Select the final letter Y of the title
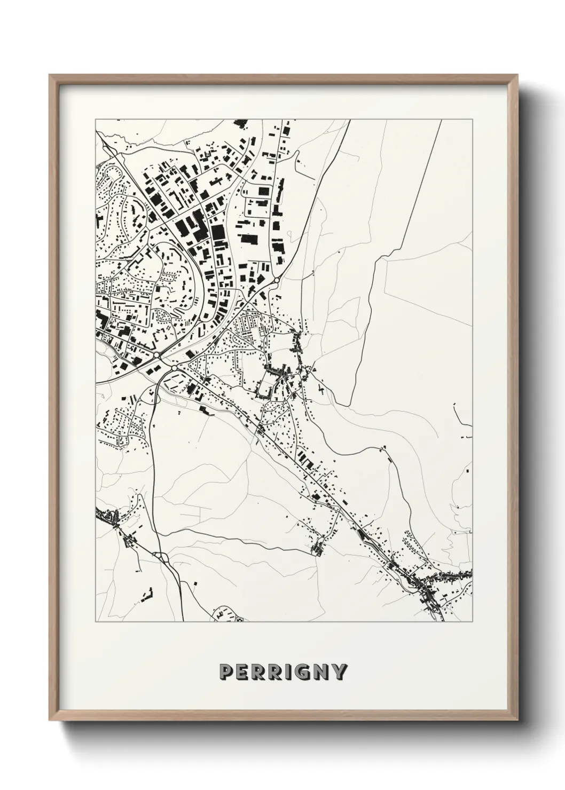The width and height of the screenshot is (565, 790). [x=340, y=671]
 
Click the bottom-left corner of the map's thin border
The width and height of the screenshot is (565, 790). [x=96, y=622]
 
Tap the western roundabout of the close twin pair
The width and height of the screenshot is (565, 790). [x=156, y=354]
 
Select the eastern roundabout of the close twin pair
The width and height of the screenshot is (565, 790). [x=174, y=368]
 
